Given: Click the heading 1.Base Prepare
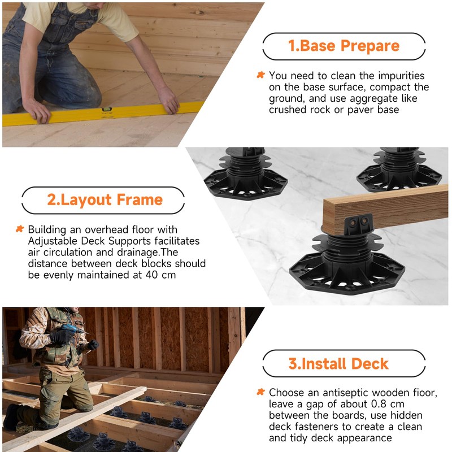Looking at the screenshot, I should coord(344,46).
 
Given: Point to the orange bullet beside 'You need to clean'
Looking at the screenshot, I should coord(260,75).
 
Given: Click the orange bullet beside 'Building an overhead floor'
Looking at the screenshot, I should coord(19,229).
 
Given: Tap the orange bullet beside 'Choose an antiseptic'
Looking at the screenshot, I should coord(260,392).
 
